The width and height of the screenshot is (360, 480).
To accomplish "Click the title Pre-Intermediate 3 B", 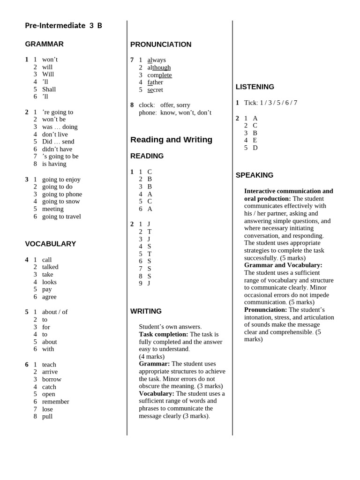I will [63, 26].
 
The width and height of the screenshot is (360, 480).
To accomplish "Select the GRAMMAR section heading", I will [44, 44].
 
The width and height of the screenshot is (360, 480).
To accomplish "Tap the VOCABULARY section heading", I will [50, 244].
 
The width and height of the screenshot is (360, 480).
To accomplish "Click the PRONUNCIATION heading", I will [161, 45].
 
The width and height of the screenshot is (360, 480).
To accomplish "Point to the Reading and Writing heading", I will [171, 140].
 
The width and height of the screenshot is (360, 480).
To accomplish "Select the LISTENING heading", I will [255, 87].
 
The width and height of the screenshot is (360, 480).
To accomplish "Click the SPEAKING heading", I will [254, 175].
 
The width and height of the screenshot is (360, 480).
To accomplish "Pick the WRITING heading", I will [146, 311].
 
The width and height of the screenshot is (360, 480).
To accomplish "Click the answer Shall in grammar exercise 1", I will [49, 89].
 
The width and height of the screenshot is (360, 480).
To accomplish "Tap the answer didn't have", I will [57, 149].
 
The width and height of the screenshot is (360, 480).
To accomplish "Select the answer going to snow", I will [61, 202].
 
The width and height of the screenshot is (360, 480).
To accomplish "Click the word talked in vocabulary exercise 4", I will [50, 267].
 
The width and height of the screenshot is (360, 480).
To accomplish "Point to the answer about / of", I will [55, 312].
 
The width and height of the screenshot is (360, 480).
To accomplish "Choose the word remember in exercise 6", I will [55, 402].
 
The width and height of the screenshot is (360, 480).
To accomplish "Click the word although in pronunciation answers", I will [159, 67].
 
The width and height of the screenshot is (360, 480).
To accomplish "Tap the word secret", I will [155, 90].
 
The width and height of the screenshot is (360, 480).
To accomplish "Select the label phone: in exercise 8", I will [148, 112].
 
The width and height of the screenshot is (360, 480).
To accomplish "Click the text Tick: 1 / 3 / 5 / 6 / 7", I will [270, 103].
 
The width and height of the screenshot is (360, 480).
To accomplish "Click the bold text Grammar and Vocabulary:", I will [283, 265].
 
